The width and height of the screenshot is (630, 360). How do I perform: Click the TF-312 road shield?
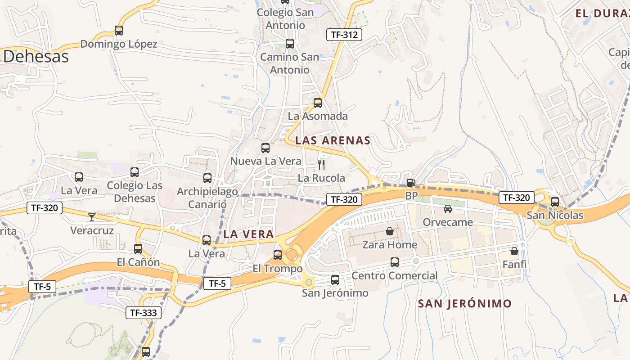344,34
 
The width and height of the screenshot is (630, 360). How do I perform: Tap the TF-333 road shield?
143,313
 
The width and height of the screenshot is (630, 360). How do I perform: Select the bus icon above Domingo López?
119,31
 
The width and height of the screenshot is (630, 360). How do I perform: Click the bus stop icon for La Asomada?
318,103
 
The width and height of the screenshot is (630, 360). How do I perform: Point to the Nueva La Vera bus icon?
265,148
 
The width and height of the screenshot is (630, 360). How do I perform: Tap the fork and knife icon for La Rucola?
321,164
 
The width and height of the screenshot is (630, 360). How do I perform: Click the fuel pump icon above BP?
410,183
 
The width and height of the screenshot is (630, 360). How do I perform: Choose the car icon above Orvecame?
447,209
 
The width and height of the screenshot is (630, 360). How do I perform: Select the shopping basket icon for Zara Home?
390,231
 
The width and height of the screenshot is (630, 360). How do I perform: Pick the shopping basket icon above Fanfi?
514,251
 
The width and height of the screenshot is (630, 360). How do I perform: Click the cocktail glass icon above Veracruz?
92,217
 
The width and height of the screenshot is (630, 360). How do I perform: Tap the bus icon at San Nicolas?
555,202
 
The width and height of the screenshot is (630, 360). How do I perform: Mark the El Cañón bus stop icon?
138,248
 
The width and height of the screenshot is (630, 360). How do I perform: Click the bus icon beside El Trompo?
278,255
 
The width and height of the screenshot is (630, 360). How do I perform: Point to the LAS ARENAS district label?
333,140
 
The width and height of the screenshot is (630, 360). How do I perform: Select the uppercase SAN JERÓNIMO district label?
465,303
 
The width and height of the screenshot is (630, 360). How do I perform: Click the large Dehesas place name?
36,57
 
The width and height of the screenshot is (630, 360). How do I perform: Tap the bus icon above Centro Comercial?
395,262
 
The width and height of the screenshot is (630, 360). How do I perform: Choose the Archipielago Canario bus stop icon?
207,178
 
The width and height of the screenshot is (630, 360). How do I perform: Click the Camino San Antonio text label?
290,63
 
